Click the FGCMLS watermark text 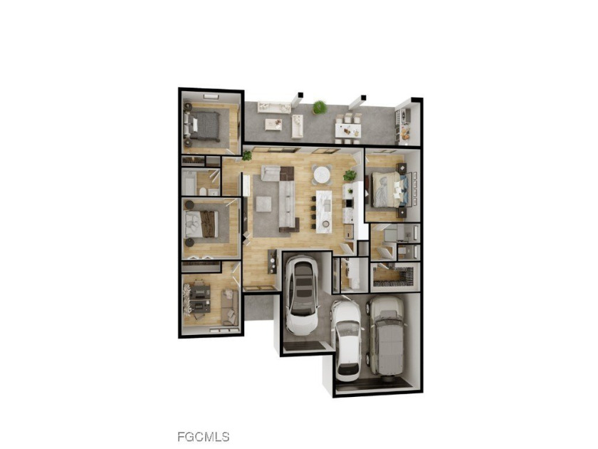(203, 436)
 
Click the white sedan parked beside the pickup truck (347, 339)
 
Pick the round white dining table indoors (322, 175)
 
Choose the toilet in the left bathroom (203, 192)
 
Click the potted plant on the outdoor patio (320, 108)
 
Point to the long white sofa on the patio (273, 107)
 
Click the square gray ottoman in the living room (263, 204)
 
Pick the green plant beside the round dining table (350, 175)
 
